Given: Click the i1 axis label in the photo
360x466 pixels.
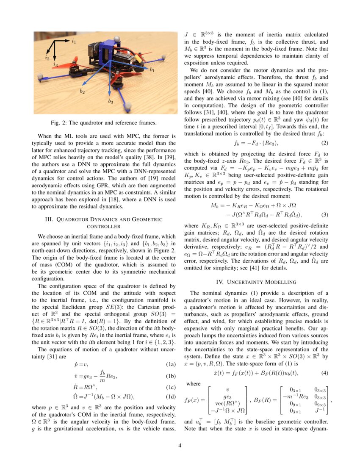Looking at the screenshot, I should (x=74, y=42).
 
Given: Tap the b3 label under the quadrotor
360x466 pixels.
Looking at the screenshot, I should (x=111, y=101).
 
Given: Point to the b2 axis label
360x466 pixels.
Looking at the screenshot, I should (x=82, y=91).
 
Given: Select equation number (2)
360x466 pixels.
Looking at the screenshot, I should (x=325, y=143).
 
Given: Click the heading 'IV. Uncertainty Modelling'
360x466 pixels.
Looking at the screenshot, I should (x=256, y=281).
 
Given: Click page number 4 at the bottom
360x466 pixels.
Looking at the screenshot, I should (x=180, y=445).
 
